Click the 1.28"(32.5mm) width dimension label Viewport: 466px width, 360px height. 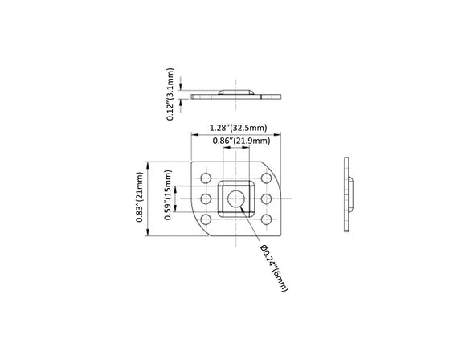[x=239, y=128]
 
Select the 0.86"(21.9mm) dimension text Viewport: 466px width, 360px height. [x=241, y=141]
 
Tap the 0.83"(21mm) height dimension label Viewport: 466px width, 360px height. [x=139, y=197]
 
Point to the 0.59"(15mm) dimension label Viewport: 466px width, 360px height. [x=168, y=195]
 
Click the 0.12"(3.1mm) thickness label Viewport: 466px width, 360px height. [x=170, y=94]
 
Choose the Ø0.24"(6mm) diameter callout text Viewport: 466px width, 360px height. [x=274, y=268]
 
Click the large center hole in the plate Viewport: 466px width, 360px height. [x=236, y=198]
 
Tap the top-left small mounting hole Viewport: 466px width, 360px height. [x=206, y=178]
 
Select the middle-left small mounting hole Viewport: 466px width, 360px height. [x=206, y=198]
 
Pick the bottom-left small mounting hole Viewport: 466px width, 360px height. [x=206, y=219]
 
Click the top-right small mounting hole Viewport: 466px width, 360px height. [x=266, y=178]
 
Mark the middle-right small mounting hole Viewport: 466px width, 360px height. [x=266, y=198]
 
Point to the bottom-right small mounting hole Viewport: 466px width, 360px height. [x=266, y=219]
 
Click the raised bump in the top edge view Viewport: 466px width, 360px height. [x=236, y=92]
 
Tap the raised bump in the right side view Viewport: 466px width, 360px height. [x=351, y=194]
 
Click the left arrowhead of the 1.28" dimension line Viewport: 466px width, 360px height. [x=194, y=135]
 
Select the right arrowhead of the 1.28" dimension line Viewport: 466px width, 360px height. [x=277, y=135]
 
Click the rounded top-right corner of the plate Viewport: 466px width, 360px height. [x=275, y=173]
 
